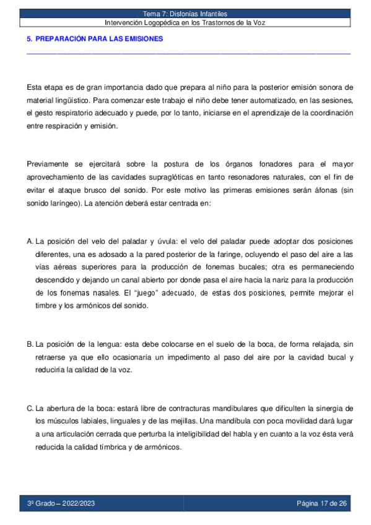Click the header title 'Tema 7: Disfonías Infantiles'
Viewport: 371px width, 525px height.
185,13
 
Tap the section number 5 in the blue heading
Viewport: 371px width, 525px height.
29,39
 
